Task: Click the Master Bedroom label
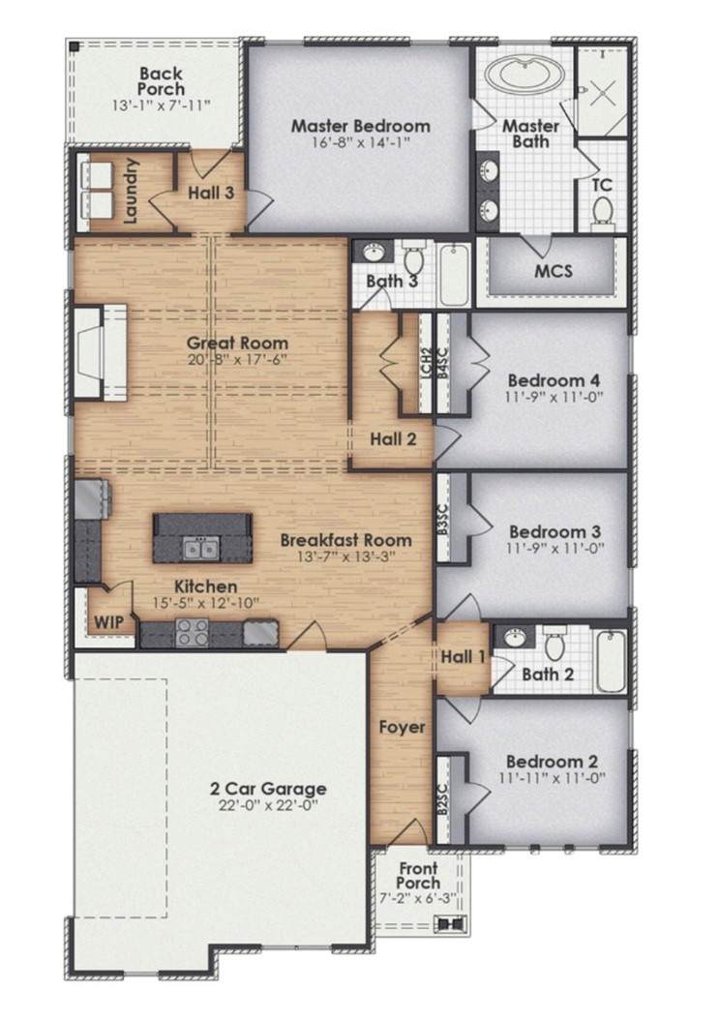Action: pos(360,125)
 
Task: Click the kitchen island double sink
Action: pos(200,549)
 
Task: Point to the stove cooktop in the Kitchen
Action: pos(193,632)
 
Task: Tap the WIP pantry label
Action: pos(108,621)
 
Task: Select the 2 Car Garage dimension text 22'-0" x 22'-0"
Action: pos(268,805)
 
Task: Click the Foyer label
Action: pos(402,727)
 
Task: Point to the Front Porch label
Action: pos(418,875)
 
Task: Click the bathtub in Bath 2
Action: pos(612,660)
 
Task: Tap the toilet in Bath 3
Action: pos(413,256)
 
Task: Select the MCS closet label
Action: pos(554,270)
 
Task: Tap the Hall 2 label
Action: pos(393,438)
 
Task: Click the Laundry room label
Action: pos(131,191)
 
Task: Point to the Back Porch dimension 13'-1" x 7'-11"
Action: pos(161,105)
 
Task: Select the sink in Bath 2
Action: pos(515,635)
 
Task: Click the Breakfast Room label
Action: pos(346,540)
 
